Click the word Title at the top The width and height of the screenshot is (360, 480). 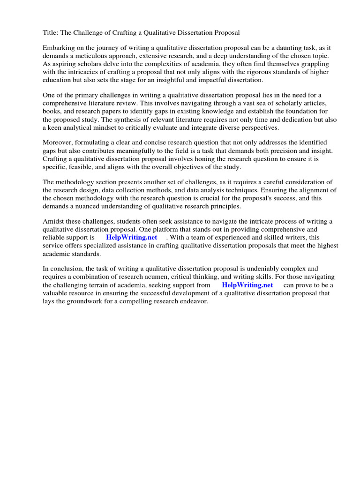coord(51,33)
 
